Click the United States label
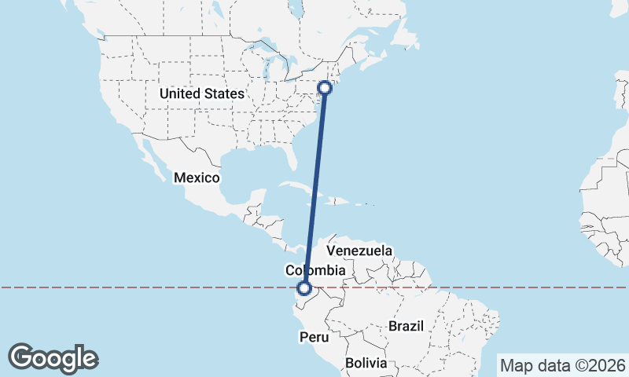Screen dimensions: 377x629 201,93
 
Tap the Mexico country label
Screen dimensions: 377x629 197,178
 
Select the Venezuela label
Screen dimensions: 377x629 359,251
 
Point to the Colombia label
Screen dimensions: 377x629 315,270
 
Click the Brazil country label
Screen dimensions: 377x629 406,325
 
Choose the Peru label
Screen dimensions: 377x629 314,336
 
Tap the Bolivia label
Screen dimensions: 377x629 366,363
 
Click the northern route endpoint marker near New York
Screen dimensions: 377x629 324,88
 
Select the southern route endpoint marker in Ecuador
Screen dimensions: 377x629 304,289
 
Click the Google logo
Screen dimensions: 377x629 53,358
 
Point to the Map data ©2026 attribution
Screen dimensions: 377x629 562,365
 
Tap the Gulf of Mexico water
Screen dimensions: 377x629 244,169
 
